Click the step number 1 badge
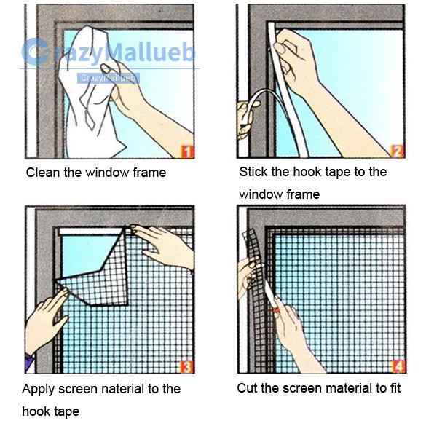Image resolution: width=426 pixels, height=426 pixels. pos(188,151)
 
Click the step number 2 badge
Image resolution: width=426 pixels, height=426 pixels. pos(398,151)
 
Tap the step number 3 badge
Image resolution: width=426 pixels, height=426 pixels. pos(186,366)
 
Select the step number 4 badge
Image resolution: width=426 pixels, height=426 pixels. pos(398,366)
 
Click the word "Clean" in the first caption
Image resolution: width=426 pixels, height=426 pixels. pos(42,173)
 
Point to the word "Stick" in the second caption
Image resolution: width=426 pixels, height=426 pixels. pos(253,172)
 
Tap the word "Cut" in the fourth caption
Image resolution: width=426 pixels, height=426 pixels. pos(246,388)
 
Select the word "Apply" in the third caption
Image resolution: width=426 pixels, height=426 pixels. pos(39,390)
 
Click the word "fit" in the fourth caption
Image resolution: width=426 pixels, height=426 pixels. pos(395,388)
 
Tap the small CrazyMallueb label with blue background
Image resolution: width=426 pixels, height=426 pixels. pos(108,78)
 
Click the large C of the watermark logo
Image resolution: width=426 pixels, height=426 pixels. pos(34,52)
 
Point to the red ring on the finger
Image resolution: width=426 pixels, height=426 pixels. pos(276,310)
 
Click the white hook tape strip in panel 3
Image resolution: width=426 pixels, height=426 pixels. pos(91,232)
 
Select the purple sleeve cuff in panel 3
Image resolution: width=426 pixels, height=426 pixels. pos(29,362)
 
